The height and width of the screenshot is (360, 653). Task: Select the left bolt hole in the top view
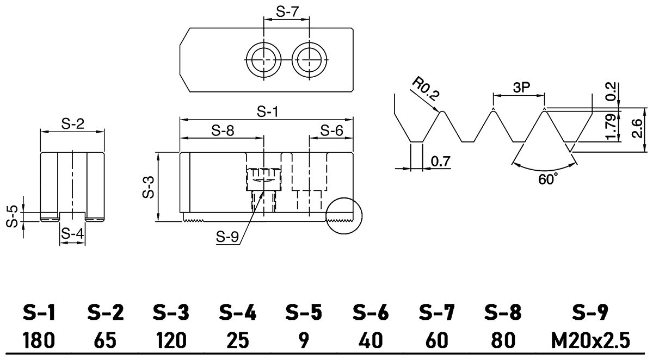(x=263, y=58)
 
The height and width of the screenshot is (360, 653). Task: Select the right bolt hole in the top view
(x=309, y=58)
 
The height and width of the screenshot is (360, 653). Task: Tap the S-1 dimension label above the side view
(x=268, y=112)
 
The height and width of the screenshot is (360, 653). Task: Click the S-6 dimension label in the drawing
(x=331, y=131)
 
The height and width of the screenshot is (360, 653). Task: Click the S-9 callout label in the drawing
(x=228, y=237)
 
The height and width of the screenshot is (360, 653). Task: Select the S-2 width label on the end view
(x=72, y=125)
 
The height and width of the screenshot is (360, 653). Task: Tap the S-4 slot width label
(x=72, y=234)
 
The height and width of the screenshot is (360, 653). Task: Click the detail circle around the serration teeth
(x=343, y=216)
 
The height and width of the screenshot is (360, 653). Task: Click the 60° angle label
(x=544, y=179)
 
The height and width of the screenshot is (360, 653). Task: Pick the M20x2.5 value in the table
(x=592, y=341)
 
